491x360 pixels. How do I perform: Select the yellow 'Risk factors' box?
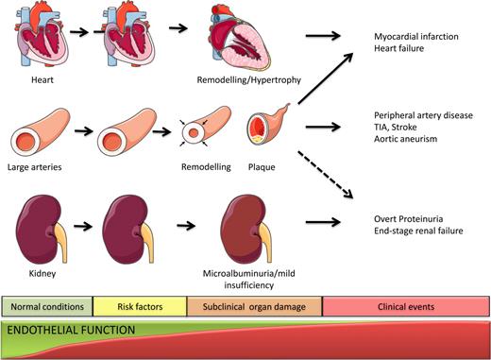pyautogui.click(x=138, y=306)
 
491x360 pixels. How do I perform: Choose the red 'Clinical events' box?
pyautogui.click(x=406, y=306)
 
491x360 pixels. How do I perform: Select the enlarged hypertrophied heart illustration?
pyautogui.click(x=246, y=39)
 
